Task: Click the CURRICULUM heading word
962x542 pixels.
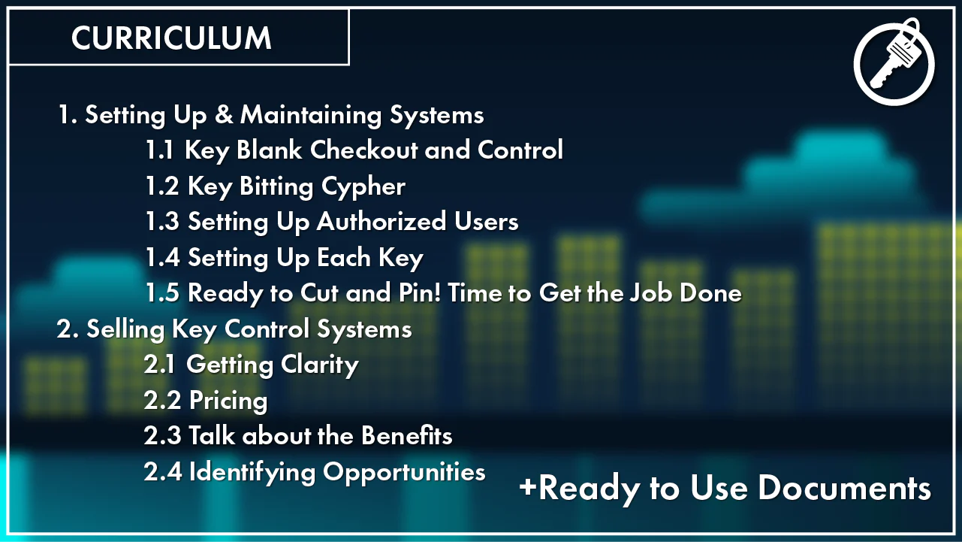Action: point(171,38)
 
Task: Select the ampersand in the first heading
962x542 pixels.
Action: point(223,115)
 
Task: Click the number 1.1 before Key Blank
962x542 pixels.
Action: point(159,150)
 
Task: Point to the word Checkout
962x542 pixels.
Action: point(363,150)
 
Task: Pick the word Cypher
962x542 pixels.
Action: point(363,187)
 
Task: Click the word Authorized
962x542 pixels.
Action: point(381,221)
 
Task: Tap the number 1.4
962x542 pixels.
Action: point(162,257)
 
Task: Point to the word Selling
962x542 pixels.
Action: point(125,330)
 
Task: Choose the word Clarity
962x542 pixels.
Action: point(319,365)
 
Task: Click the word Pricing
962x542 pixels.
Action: point(228,401)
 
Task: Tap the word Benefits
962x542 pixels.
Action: point(407,435)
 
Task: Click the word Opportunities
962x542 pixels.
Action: point(404,473)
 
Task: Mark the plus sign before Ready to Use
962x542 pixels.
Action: point(528,487)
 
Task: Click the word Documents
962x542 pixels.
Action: point(844,489)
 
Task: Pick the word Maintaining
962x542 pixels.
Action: point(311,116)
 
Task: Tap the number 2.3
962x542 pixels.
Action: point(162,436)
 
